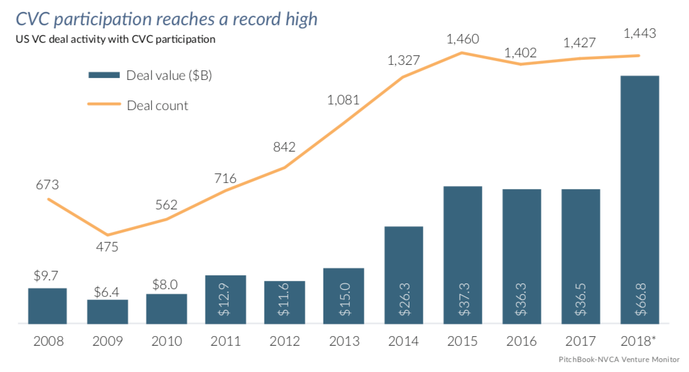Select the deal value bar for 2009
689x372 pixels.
(107, 312)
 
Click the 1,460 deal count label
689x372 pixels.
(462, 39)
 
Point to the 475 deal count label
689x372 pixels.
(107, 247)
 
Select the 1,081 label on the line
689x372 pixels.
(344, 100)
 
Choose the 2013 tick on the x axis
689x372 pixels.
(344, 341)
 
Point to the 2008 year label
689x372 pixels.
(48, 341)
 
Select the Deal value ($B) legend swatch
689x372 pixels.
(104, 75)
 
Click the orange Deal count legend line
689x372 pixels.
(104, 104)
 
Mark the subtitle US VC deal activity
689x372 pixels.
(116, 39)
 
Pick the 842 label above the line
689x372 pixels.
(285, 148)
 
